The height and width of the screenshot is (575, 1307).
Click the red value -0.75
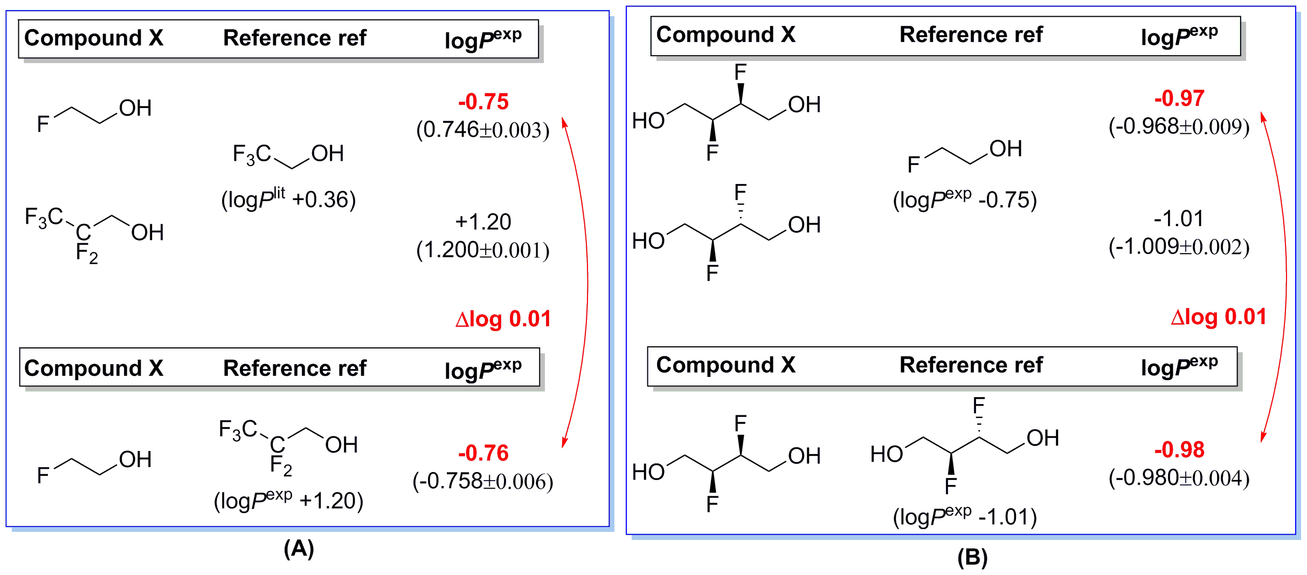tap(483, 102)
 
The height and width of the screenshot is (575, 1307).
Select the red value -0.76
tap(483, 453)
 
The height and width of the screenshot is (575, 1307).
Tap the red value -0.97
tap(1179, 99)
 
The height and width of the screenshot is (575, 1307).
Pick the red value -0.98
tap(1179, 450)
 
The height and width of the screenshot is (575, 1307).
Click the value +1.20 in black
tap(483, 222)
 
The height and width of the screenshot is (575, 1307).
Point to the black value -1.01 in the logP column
tap(1178, 219)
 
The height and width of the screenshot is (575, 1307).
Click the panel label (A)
tap(299, 549)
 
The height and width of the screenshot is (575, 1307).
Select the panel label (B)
tap(972, 557)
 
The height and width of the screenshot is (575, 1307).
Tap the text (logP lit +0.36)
tap(288, 199)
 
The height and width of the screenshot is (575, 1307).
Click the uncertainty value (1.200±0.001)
tap(483, 250)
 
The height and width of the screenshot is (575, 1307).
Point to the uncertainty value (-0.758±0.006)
tap(483, 481)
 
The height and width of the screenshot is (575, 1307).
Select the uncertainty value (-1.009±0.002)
tap(1179, 247)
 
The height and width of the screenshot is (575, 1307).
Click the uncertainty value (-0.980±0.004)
tap(1179, 478)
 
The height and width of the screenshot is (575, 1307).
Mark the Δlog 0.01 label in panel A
tap(503, 319)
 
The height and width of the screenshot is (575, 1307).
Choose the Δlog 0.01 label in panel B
tap(1218, 317)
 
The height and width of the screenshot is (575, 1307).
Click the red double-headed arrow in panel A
tap(587, 280)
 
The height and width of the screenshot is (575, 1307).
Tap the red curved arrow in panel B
tap(1285, 278)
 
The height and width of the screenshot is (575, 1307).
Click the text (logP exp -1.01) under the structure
tap(965, 517)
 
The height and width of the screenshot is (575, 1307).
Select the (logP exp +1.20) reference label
tap(288, 501)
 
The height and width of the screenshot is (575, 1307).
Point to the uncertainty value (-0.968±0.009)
tap(1179, 127)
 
